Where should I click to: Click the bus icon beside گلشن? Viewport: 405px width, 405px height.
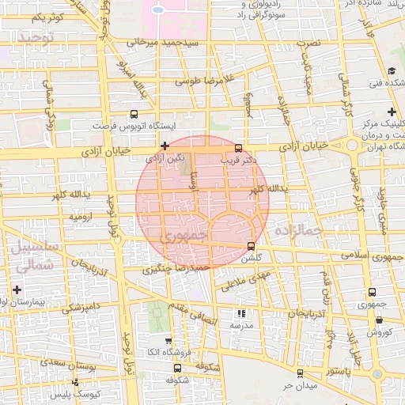(252, 246)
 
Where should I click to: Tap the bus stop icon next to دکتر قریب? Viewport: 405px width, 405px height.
(239, 148)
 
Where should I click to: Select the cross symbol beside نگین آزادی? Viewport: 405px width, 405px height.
(165, 146)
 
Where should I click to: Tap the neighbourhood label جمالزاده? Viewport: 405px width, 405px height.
(296, 230)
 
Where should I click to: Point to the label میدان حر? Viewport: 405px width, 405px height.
(301, 385)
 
